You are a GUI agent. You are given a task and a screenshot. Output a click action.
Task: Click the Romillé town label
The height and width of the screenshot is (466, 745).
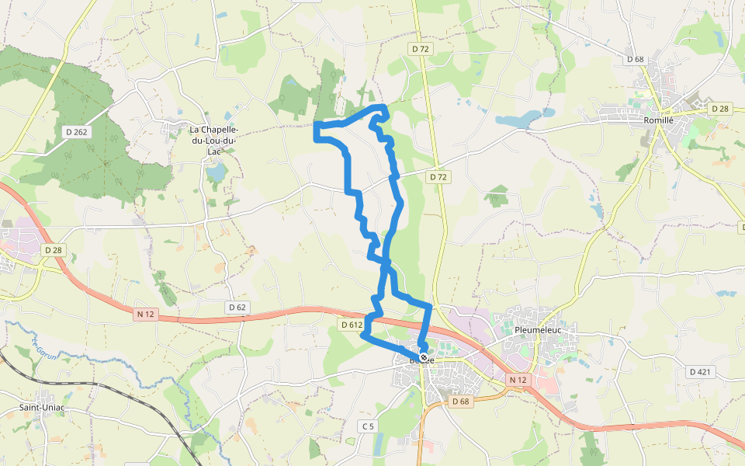tap(657, 120)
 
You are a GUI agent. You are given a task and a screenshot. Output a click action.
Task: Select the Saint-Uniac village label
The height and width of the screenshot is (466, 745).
tap(41, 407)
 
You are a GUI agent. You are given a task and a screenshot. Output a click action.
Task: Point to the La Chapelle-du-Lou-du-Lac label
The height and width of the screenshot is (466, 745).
tap(214, 140)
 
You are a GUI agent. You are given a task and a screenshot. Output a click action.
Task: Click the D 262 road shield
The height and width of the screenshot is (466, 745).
tap(77, 132)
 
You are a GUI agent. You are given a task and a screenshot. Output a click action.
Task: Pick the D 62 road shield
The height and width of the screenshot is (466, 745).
tap(237, 308)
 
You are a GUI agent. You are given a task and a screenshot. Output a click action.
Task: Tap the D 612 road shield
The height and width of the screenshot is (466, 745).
tap(351, 324)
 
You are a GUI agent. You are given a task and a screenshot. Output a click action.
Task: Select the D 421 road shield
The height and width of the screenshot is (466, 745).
tap(700, 372)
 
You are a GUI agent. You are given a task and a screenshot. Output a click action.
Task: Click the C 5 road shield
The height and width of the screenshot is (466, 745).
tap(368, 426)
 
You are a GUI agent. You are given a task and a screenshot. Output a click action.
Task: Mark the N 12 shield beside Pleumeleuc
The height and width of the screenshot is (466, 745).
tap(518, 379)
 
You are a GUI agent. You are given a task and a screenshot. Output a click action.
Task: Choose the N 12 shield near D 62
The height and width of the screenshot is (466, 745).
tap(144, 314)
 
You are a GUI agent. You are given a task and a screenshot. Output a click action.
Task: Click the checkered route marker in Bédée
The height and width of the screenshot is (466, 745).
tap(424, 358)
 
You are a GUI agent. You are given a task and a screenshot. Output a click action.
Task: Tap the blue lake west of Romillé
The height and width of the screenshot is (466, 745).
tap(520, 119)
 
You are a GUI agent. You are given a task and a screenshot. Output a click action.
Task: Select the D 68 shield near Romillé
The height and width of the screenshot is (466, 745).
tap(635, 59)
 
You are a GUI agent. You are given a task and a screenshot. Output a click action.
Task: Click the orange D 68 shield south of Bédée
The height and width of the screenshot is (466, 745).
tap(460, 401)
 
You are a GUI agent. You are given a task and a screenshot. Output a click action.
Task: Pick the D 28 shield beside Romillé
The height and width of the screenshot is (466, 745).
tap(719, 109)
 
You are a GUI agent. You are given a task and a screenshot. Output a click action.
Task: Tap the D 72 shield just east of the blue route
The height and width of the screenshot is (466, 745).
tap(438, 177)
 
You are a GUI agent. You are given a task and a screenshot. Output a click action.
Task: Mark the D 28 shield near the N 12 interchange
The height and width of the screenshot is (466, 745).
tap(53, 250)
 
